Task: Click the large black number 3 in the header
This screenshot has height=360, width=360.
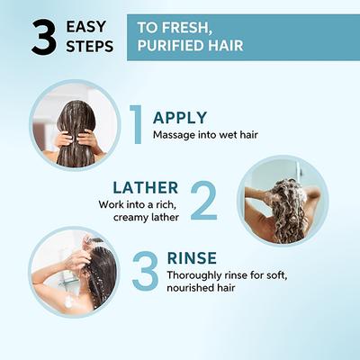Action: pos(44,37)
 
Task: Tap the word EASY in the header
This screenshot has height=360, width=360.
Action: pos(86,27)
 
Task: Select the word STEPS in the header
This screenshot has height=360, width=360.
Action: pos(90,46)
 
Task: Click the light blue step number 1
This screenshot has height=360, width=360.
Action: pos(136,124)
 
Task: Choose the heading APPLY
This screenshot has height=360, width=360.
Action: pos(180,118)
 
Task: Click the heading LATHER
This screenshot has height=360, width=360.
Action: pos(146,188)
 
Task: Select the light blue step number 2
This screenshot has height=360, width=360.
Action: pos(203,201)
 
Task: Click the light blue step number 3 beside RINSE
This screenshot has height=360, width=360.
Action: pos(145,272)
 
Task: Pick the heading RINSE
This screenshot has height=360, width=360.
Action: pos(192,258)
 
